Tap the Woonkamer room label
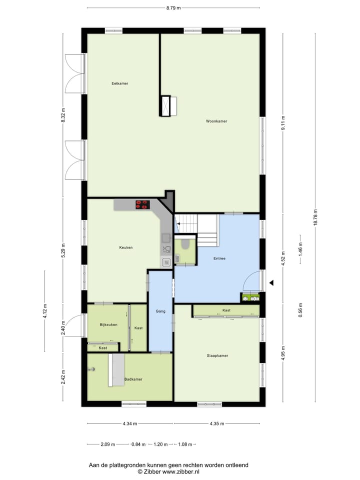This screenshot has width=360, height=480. [216, 121]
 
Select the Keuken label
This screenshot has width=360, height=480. [125, 247]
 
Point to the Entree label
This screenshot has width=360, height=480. [219, 258]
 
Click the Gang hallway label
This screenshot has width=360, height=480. [160, 311]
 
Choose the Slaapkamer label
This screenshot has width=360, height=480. [217, 356]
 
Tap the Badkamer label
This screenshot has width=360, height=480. [133, 379]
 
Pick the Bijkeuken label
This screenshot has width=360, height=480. [108, 324]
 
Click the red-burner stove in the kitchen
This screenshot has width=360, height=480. [142, 204]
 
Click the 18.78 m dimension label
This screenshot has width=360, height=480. [315, 217]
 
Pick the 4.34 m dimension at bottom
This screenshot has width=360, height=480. [130, 424]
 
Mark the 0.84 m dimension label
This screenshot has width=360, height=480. [138, 444]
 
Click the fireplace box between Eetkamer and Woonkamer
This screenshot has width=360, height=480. [165, 105]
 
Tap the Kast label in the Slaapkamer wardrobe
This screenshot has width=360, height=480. [226, 310]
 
